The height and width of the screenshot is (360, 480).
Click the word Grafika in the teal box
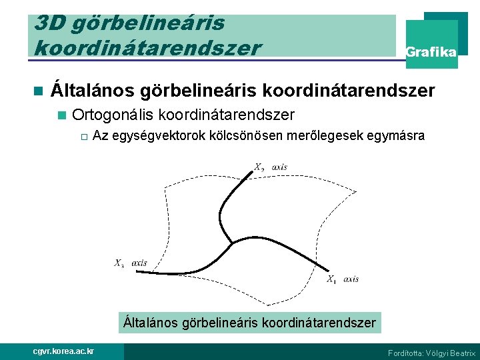[431, 52]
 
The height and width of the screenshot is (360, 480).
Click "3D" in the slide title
[49, 24]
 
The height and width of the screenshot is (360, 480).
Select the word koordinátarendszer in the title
[147, 48]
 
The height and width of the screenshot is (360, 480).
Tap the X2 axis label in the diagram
[271, 167]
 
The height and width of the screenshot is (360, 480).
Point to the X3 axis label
[131, 263]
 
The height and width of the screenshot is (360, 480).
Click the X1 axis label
[342, 279]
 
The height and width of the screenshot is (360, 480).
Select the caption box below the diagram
[250, 323]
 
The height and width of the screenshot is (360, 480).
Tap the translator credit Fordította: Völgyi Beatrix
[431, 353]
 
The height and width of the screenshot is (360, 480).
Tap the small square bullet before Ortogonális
[62, 115]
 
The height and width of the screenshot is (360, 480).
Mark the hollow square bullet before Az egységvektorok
[83, 137]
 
